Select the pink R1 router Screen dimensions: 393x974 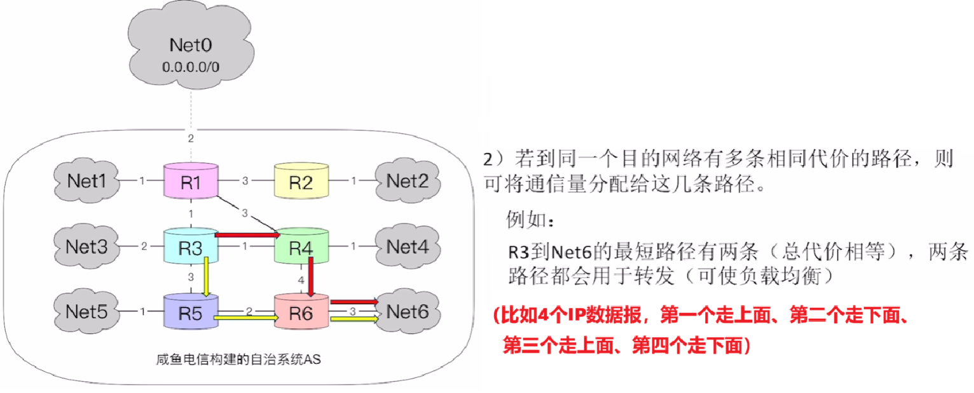(190, 182)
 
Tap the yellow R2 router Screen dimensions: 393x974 (301, 182)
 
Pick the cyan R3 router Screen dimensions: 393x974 (190, 246)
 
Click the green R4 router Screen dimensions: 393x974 (301, 248)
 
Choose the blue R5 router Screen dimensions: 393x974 (190, 312)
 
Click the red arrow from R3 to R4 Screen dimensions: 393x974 (248, 236)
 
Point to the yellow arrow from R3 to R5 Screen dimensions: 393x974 (205, 277)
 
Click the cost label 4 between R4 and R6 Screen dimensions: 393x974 (301, 280)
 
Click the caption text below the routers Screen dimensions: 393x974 (238, 360)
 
